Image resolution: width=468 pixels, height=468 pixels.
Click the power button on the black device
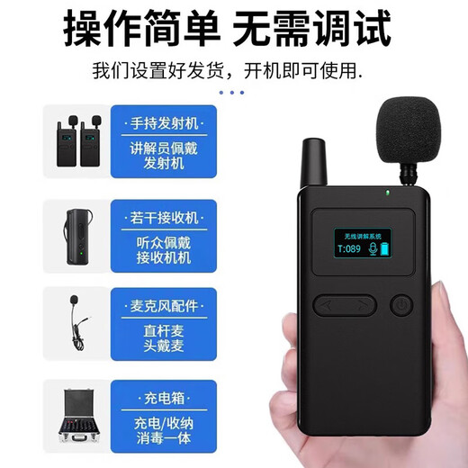400,305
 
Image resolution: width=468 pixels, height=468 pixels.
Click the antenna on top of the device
313,163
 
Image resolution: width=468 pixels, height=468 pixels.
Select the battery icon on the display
388,248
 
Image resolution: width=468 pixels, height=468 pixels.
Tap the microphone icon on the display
371,249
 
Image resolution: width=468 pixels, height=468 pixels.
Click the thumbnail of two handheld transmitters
76,140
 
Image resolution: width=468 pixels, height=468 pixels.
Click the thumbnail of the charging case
76,416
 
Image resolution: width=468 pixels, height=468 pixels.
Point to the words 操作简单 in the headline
141,29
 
